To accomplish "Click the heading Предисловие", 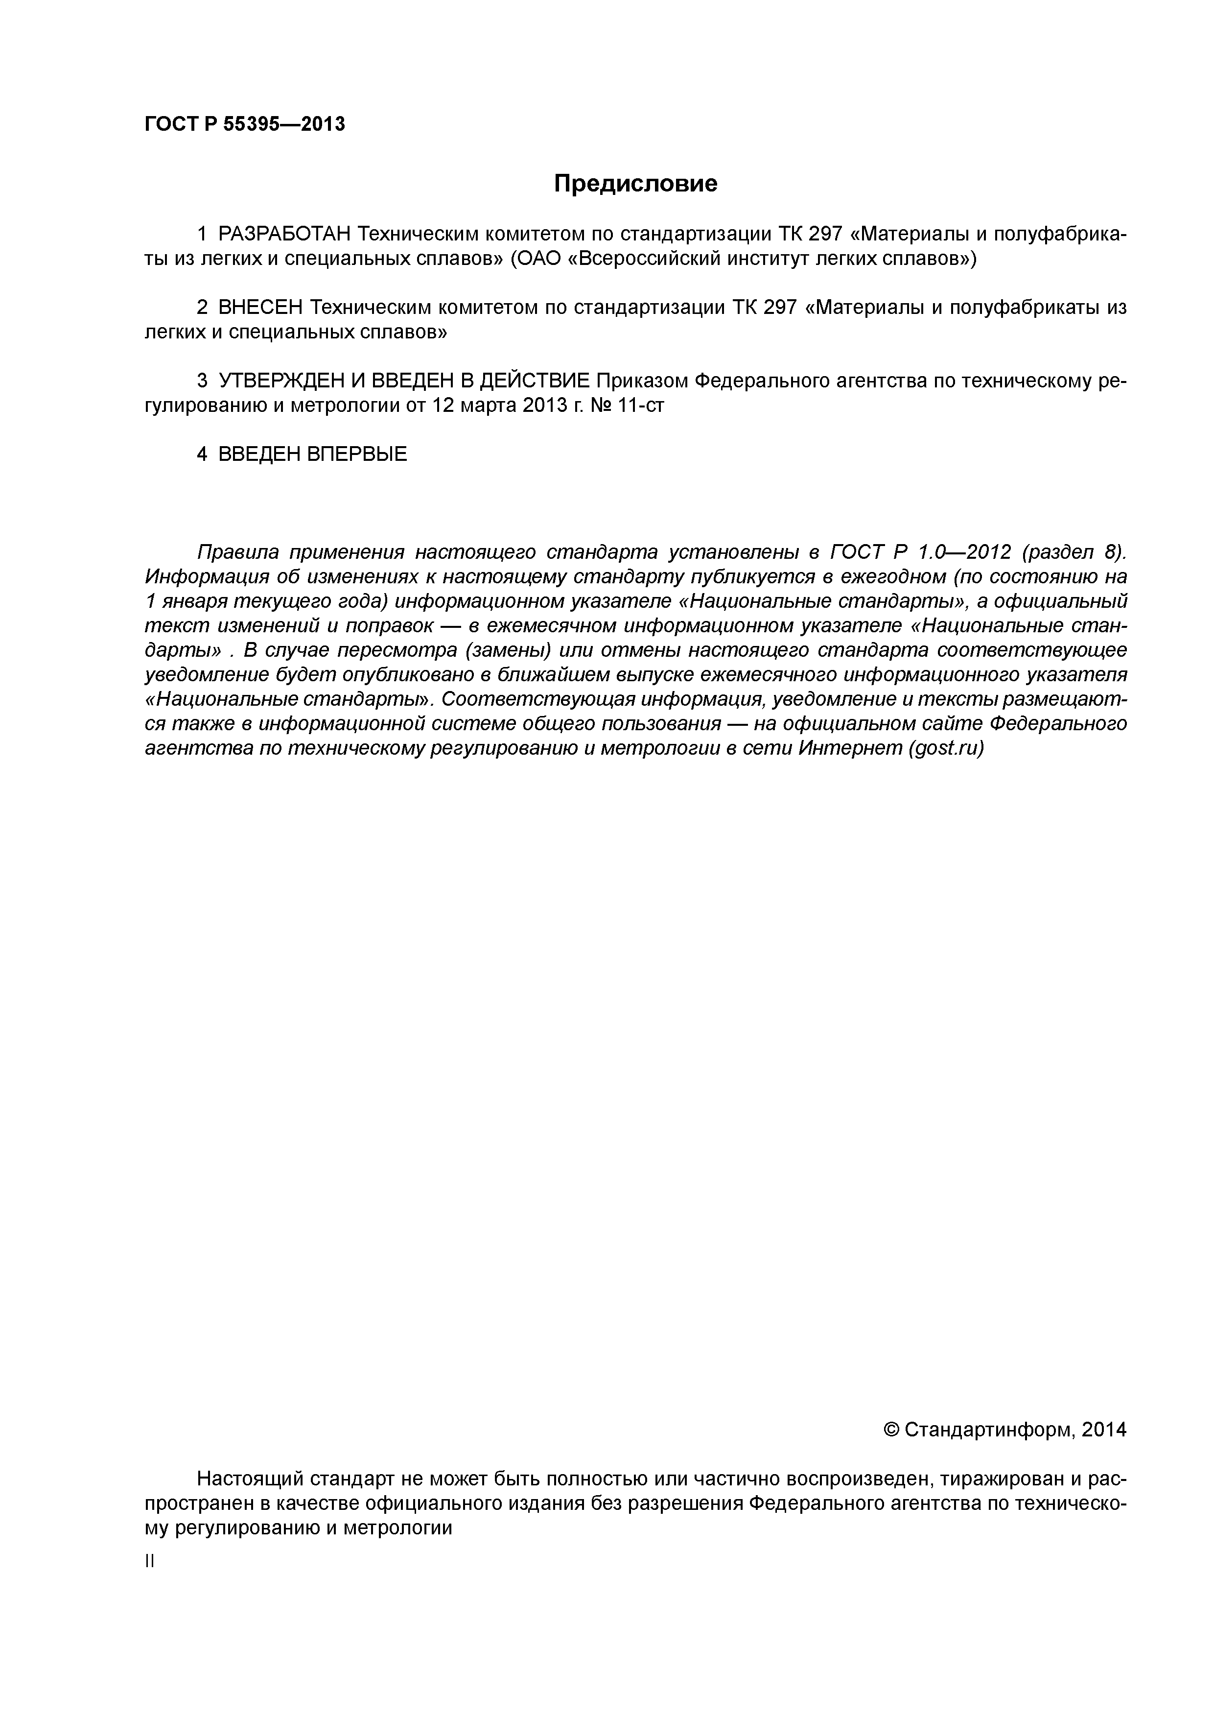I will pyautogui.click(x=635, y=183).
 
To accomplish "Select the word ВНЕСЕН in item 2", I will pyautogui.click(x=261, y=308).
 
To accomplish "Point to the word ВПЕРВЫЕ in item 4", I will pyautogui.click(x=357, y=454).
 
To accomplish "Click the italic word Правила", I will pyautogui.click(x=238, y=552).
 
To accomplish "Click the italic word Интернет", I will pyautogui.click(x=850, y=748).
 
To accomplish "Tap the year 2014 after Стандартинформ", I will pyautogui.click(x=1103, y=1430).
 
